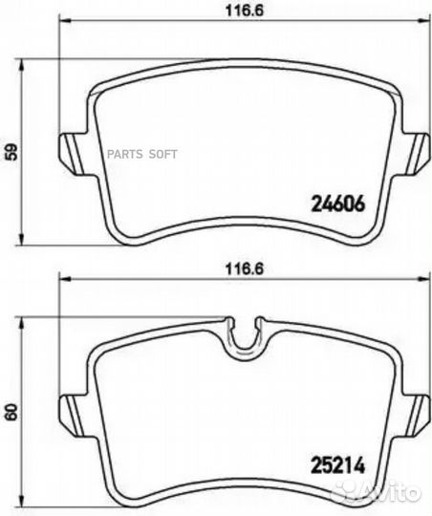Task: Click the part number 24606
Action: coord(338,204)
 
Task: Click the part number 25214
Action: coord(338,465)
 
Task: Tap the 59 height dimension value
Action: coord(11,152)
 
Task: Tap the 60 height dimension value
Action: coord(11,412)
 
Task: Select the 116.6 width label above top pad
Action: coord(245,11)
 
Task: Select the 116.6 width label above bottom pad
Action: coord(245,269)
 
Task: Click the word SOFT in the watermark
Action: coord(163,154)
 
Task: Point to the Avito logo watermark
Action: coord(376,492)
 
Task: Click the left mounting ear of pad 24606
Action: coord(73,153)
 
